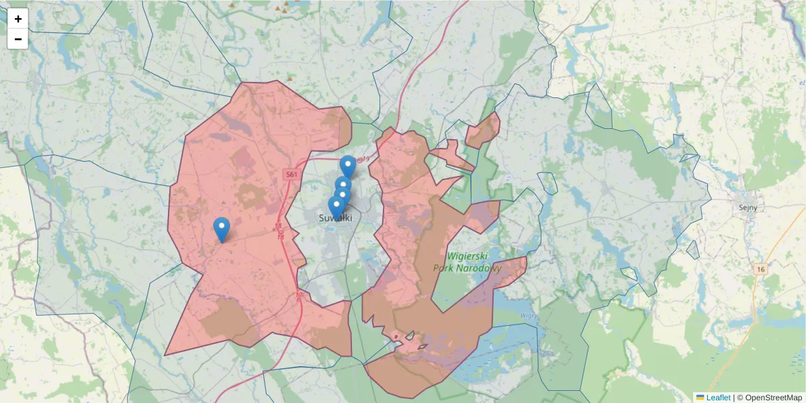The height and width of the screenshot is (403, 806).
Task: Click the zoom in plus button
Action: [18, 19]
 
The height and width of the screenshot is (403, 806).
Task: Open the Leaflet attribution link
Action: [717, 397]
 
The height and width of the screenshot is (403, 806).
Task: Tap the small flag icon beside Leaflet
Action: [700, 397]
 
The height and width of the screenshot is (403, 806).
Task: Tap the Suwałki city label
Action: [334, 218]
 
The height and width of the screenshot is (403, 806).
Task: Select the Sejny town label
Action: [747, 208]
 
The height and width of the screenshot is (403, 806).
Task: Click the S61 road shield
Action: [290, 175]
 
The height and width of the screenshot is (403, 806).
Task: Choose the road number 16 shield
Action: [760, 269]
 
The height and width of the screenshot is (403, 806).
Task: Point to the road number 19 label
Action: [365, 159]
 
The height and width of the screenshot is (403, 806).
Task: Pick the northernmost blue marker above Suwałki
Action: [348, 166]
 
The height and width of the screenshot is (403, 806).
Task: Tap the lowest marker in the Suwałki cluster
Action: [337, 207]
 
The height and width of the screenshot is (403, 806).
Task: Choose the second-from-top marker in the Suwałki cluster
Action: [343, 187]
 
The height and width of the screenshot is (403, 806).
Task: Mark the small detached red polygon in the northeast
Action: [483, 131]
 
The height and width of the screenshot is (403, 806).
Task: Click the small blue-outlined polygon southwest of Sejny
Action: [629, 273]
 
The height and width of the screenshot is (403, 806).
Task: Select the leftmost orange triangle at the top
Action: [232, 5]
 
